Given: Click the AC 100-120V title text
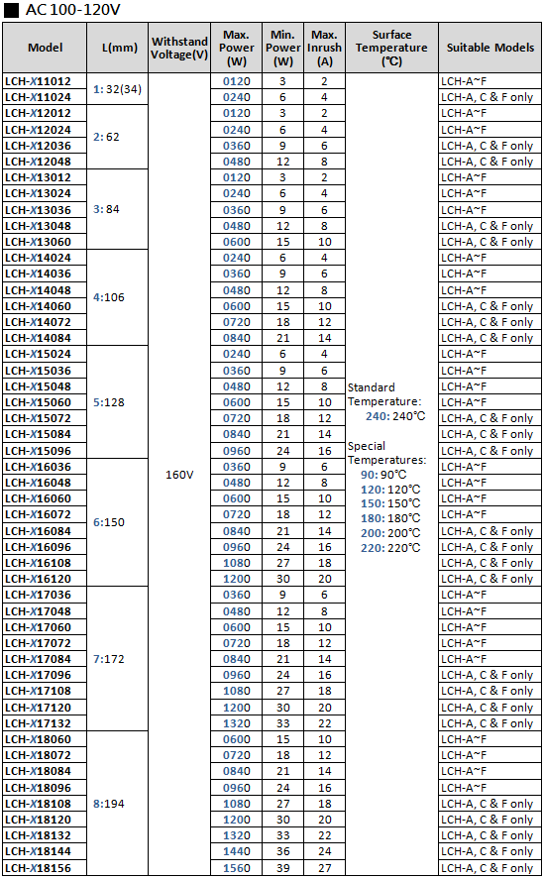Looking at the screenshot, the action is click(x=73, y=10).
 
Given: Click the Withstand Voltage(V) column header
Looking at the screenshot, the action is click(x=179, y=48).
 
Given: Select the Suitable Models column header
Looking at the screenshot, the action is click(x=490, y=48).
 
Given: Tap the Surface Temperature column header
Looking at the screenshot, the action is click(x=391, y=48).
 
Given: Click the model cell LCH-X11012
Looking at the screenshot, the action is click(x=38, y=81).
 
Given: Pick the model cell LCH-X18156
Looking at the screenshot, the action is click(x=38, y=868).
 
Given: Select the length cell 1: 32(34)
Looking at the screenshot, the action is click(x=117, y=89).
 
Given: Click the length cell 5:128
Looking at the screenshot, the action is click(x=109, y=402).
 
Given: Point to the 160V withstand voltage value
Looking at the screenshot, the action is click(x=179, y=475).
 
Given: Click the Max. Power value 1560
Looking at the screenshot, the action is click(x=237, y=868).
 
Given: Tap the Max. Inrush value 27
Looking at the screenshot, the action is click(x=325, y=868).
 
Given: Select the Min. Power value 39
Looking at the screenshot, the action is click(x=283, y=868).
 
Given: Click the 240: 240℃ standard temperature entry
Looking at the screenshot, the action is click(x=395, y=416).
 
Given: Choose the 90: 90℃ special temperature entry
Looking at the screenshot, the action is click(x=383, y=475).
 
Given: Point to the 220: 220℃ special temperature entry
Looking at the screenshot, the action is click(x=390, y=548).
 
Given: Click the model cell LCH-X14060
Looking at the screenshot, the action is click(x=38, y=306).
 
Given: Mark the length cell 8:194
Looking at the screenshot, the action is click(x=109, y=804).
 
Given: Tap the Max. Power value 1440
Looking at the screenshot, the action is click(x=237, y=851).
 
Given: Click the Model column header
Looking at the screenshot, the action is click(x=45, y=48).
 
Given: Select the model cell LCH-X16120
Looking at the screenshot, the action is click(x=38, y=579).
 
